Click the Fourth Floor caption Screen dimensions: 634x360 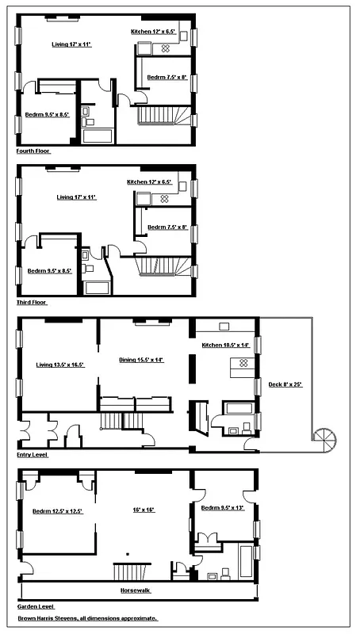point(33,150)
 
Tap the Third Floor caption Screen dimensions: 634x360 point(32,302)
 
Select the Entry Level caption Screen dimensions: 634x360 point(33,456)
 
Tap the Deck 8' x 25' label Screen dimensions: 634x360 point(285,384)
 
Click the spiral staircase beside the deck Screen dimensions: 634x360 point(324,435)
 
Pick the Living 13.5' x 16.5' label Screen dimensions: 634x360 point(60,365)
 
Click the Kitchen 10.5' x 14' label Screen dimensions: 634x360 point(225,345)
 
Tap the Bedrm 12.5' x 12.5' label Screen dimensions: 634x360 point(58,511)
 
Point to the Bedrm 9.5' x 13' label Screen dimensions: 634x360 point(223,507)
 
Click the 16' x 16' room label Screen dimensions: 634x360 point(143,510)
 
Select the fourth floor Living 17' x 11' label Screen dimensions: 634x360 point(72,44)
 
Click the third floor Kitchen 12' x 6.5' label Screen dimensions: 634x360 point(149,182)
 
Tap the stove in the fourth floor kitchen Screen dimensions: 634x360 point(167,48)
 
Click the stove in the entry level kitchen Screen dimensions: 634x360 point(243,364)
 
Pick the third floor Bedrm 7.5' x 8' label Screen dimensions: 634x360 point(167,228)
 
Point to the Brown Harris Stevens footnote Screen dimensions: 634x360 point(88,618)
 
